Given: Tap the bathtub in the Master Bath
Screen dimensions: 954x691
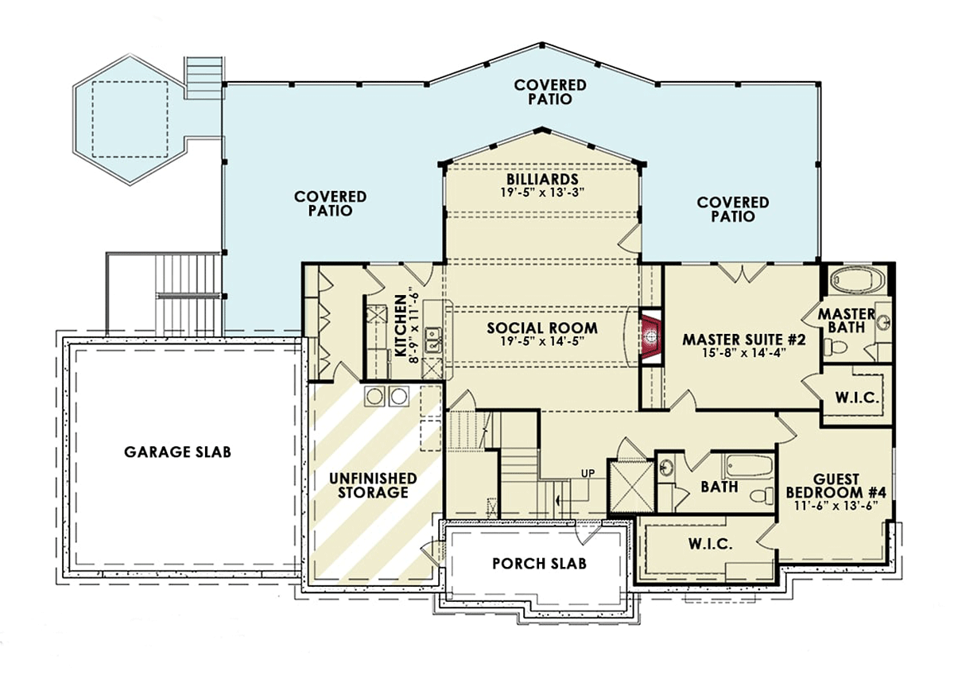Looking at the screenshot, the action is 858,281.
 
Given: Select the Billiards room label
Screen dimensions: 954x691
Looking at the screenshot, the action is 542,179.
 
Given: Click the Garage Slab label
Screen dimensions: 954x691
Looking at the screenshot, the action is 177,452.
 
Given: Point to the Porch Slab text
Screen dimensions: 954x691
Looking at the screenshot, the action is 539,564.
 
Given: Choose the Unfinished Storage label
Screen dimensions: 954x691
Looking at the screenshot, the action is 373,485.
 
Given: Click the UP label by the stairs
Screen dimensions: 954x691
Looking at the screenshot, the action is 588,473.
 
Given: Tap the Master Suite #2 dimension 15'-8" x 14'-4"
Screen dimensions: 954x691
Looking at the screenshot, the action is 743,353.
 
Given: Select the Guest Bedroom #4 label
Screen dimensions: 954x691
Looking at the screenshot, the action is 836,486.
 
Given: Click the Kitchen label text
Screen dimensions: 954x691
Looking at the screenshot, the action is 401,326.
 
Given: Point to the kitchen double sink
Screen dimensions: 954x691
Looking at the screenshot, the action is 432,340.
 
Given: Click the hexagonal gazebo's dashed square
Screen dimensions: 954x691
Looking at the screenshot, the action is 130,119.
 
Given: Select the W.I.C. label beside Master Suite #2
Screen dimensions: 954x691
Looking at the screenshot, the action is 857,398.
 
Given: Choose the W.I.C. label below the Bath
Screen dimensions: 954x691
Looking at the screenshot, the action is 711,544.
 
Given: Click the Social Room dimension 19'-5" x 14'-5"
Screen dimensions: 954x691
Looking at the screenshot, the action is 541,341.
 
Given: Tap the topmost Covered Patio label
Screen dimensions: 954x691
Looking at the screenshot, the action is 550,91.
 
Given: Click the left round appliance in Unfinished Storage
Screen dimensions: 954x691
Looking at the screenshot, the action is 374,396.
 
